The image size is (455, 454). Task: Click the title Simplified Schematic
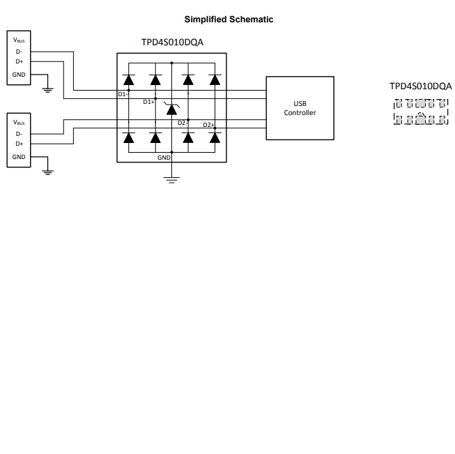229,20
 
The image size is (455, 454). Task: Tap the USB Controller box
300,108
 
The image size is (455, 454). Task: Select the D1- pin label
122,93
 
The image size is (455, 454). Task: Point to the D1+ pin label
148,102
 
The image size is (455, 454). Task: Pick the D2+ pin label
207,125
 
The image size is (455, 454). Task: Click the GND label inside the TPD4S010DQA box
164,158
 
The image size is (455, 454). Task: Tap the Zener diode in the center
171,109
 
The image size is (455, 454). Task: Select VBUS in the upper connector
19,40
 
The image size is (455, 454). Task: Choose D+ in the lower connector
19,144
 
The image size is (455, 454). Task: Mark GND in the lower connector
19,157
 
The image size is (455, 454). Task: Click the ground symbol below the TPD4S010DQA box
171,180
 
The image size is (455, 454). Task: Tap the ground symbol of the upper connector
47,88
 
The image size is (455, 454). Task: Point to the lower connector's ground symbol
47,171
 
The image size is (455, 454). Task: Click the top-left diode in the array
129,80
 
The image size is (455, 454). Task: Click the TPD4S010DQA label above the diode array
172,43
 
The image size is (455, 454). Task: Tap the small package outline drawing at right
420,112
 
